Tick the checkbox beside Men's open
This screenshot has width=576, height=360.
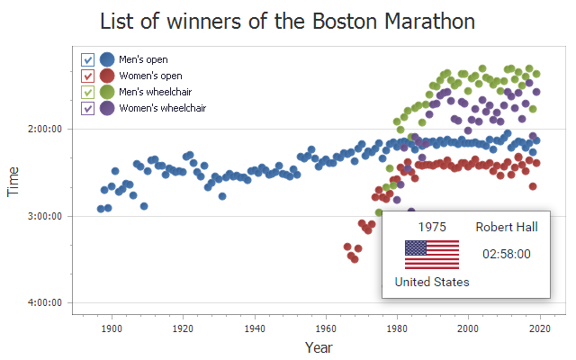[x=88, y=59]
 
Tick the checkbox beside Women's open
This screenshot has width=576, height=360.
[x=88, y=76]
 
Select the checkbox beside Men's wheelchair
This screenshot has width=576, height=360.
[x=88, y=92]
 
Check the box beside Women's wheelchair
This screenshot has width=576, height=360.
[x=88, y=108]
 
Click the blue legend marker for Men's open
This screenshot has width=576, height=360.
[x=107, y=59]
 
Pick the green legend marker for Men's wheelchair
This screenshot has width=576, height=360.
[x=107, y=92]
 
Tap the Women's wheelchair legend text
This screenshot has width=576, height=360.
[x=163, y=108]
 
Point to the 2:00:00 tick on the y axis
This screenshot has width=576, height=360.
[x=43, y=130]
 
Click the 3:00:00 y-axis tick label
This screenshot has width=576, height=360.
[x=43, y=216]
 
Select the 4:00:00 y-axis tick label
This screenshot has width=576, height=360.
[x=43, y=303]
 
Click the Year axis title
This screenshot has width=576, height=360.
[x=319, y=347]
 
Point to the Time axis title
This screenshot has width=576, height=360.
[x=13, y=181]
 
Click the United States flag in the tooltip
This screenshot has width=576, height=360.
[x=432, y=254]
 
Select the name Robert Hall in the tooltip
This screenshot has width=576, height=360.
[x=507, y=227]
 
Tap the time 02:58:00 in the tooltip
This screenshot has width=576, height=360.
[x=507, y=254]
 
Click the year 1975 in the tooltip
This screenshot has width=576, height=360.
[x=432, y=227]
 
